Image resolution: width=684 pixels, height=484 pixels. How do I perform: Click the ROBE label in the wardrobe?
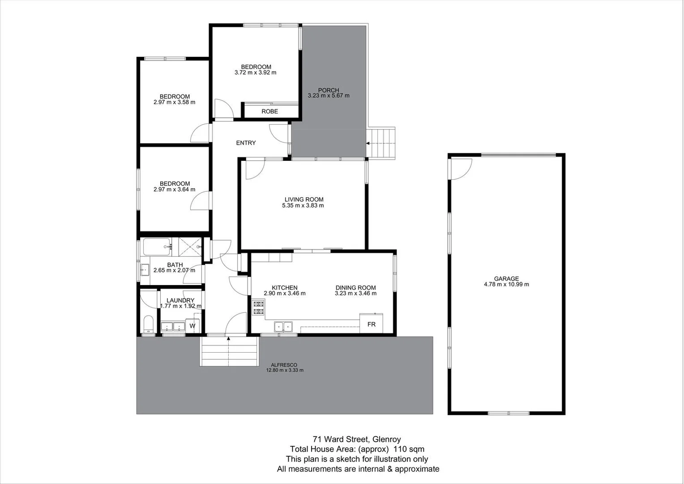[x=269, y=112]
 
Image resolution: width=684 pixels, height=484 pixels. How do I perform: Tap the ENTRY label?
[x=246, y=143]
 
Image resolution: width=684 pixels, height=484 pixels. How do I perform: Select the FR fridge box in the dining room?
[x=372, y=324]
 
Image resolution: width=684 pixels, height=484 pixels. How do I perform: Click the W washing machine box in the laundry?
[x=192, y=326]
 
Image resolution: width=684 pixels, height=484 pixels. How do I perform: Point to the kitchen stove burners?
[x=258, y=308]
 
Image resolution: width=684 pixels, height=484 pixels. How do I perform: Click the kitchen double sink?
[x=283, y=327]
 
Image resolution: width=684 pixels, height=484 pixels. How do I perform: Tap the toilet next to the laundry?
[x=148, y=324]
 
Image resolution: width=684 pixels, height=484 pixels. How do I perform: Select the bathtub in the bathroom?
[x=156, y=246]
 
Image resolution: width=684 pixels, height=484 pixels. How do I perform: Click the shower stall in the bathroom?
[x=190, y=246]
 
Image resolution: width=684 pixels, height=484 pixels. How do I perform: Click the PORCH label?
[x=329, y=90]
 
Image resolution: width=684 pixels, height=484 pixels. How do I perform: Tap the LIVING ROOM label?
[x=304, y=199]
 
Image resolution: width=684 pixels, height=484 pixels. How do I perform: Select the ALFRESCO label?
[x=284, y=365]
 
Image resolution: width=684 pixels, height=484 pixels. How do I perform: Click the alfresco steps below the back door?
[x=229, y=352]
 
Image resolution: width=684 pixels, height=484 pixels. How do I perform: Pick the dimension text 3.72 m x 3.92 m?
[x=255, y=73]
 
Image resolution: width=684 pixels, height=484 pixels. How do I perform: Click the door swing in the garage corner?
[x=460, y=169]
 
